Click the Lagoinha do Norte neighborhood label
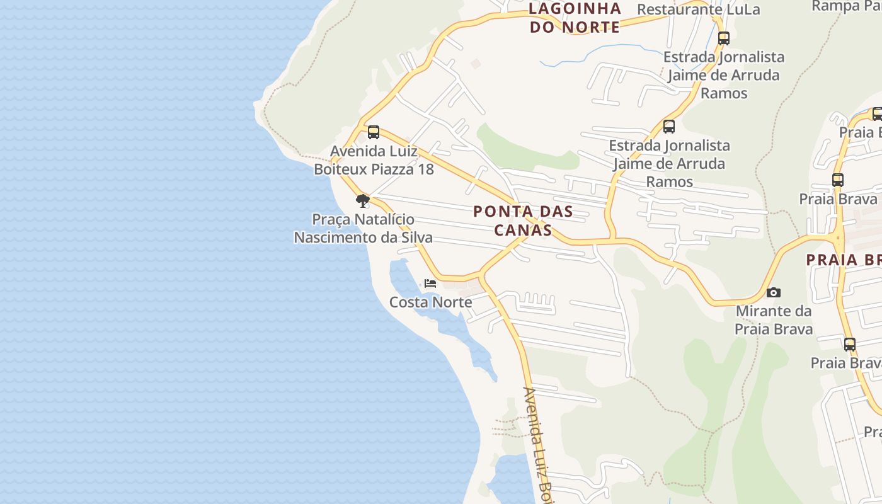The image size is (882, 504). pos(575,18)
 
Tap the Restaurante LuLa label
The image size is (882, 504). pos(698,9)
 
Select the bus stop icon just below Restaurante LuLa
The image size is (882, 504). pos(723,38)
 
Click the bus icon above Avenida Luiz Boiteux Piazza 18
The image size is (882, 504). pos(373,132)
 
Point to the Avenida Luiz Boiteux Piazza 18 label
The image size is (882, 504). pos(374,161)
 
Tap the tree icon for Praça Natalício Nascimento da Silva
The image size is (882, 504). pos(362,201)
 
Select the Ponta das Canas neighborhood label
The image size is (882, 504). pos(523,220)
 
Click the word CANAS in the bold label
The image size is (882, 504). pos(523,230)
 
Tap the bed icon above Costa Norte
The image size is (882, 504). pos(430,283)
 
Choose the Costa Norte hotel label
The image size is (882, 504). pos(430,302)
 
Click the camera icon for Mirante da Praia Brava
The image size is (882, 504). pos(773,292)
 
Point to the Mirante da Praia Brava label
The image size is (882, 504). pos(774,320)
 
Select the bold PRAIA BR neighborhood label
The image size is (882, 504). pos(844,260)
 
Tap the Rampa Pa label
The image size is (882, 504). pos(845,6)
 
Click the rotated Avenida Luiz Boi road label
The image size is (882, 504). pos(537,441)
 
